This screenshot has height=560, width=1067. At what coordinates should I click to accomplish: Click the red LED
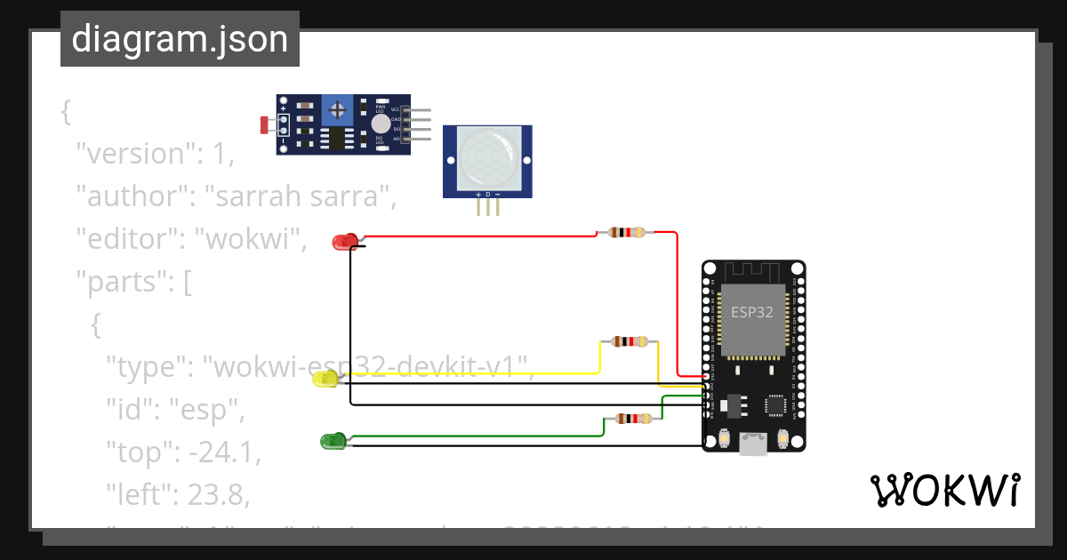point(343,241)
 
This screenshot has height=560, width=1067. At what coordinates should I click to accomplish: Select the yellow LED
point(325,380)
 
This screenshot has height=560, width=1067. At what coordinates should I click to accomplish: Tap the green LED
point(332,441)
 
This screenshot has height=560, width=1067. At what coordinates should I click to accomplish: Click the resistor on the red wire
point(626,233)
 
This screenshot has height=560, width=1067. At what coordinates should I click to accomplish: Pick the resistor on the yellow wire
point(630,341)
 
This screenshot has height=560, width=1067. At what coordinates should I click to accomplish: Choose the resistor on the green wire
point(633,419)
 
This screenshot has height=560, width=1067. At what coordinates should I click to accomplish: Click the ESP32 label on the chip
point(751,312)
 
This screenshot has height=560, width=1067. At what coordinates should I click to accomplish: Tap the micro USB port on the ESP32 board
point(753,444)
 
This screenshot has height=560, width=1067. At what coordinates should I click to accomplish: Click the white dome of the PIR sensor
point(487,156)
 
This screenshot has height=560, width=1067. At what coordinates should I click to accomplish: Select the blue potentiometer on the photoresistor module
point(338,110)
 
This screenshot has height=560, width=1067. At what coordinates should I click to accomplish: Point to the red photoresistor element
point(265,125)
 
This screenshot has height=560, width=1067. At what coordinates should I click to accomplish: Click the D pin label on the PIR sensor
point(487,194)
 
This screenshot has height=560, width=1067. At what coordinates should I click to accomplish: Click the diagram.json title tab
point(180,39)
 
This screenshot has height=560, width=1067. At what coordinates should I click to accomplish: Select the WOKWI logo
point(944,491)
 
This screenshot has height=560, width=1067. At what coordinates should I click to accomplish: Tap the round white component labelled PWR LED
point(381,124)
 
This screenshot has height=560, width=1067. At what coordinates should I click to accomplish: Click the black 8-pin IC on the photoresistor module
point(336,138)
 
